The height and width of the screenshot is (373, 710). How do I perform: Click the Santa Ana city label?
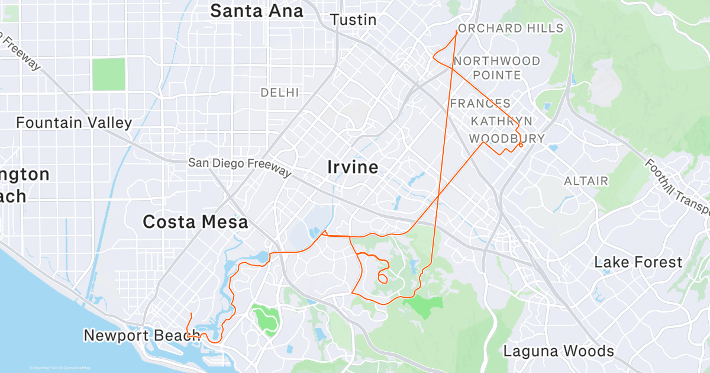point(257,11)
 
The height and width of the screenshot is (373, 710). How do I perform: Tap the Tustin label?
point(353,20)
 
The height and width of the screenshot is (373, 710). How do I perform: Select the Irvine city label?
point(353,168)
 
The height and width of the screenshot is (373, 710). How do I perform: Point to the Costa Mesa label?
point(195,222)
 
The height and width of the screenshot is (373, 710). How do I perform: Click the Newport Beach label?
point(141,336)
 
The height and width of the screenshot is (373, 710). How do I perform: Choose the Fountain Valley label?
point(74,123)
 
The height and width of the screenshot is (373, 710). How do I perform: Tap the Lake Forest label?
point(638,262)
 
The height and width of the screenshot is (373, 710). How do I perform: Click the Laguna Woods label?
point(558,351)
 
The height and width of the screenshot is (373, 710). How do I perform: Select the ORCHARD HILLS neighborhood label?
point(511,28)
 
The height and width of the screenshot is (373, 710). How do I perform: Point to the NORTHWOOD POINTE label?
point(497,68)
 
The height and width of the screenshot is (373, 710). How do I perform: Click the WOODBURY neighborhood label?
point(506,139)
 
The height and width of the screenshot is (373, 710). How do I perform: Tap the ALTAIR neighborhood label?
point(586,181)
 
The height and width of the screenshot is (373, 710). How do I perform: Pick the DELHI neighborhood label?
point(280,93)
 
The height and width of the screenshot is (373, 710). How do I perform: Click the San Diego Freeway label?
point(240,167)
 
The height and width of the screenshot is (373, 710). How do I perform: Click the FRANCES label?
point(480,104)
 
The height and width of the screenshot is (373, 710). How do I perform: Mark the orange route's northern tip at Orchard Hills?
point(456,31)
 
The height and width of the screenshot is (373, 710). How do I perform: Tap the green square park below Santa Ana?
point(109,74)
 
